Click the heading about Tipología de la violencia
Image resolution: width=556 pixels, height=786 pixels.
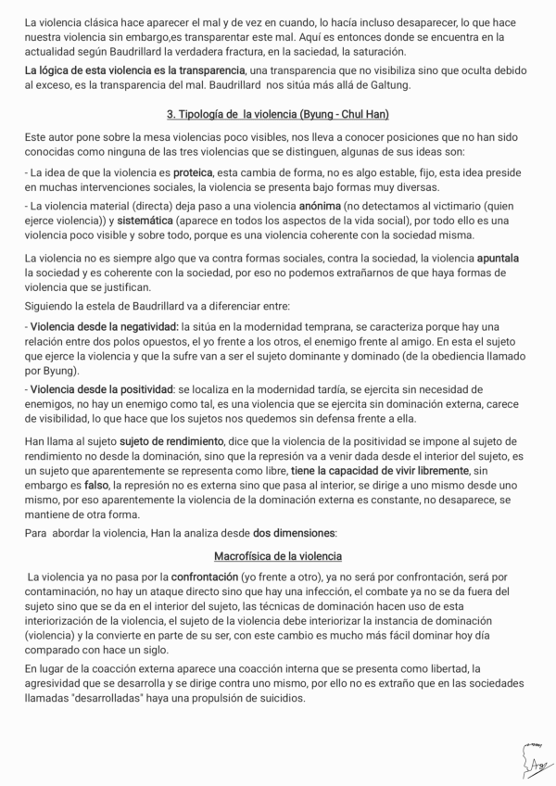point(278,114)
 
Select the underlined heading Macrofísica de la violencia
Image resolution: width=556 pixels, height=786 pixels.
point(278,556)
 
